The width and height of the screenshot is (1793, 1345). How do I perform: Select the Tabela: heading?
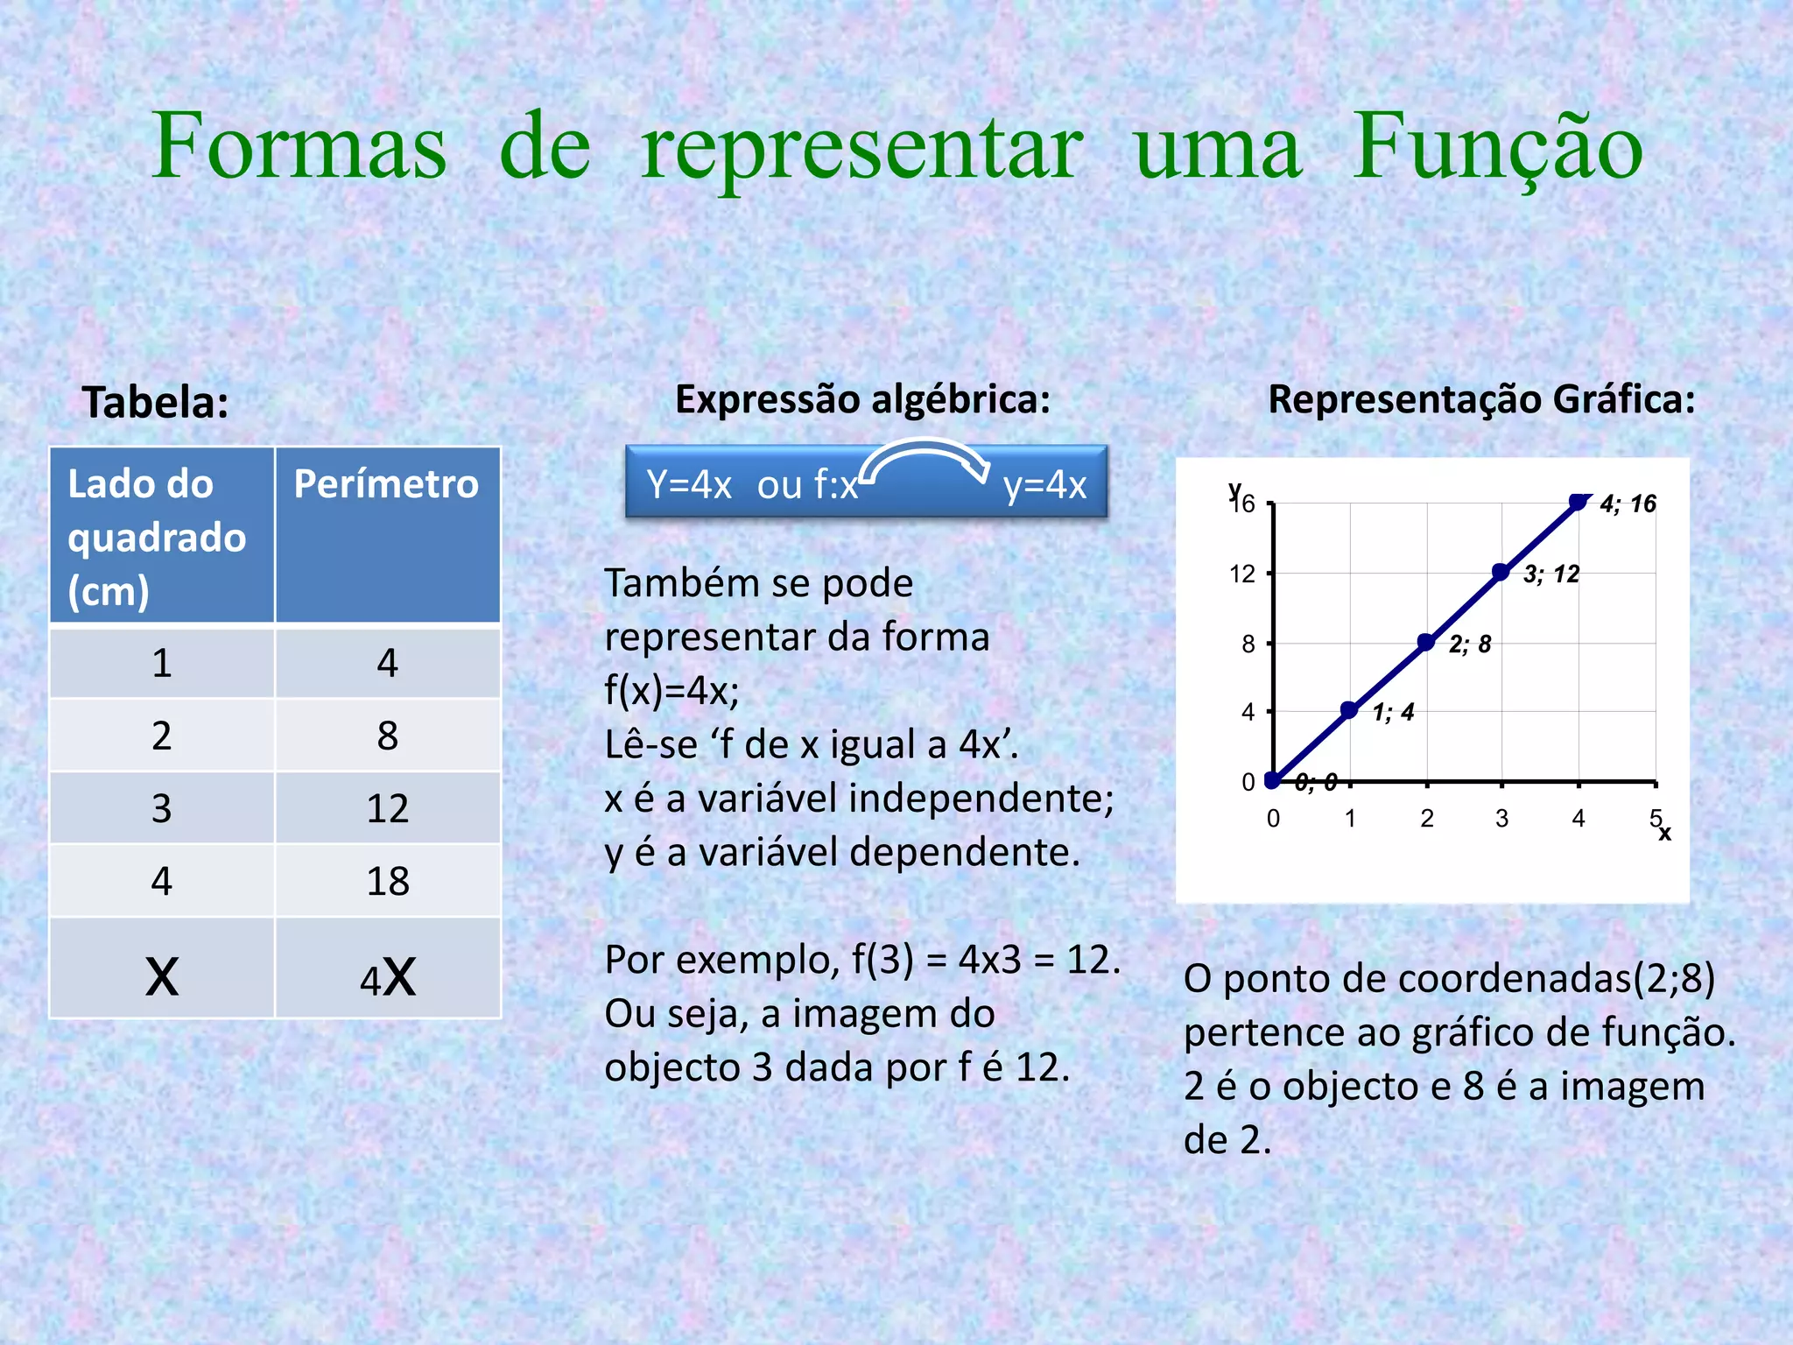pos(156,403)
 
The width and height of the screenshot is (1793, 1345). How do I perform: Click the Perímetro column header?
pos(386,484)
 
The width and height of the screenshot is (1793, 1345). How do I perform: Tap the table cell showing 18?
pos(388,881)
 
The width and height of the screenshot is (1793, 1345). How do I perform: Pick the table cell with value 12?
pos(388,808)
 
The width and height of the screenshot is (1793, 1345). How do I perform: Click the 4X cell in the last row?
pos(388,977)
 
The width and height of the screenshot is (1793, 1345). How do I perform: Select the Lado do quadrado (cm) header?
pos(158,536)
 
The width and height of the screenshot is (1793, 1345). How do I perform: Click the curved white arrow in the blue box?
pos(925,459)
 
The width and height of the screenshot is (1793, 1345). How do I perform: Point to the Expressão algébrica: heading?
pos(862,400)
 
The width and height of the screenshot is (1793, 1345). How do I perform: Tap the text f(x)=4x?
pos(671,691)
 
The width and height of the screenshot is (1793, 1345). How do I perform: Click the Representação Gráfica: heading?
pos(1481,400)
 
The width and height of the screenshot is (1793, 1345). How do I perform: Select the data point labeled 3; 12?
pos(1501,573)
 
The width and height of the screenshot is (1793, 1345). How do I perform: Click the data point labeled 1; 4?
pos(1349,710)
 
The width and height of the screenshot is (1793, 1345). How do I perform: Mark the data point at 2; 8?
pos(1425,642)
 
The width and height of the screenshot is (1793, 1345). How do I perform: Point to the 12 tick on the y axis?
pos(1242,574)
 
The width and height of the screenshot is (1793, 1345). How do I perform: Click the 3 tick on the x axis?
pos(1501,819)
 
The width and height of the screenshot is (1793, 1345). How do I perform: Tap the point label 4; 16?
pos(1628,503)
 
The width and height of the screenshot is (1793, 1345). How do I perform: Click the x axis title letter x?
pos(1665,834)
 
